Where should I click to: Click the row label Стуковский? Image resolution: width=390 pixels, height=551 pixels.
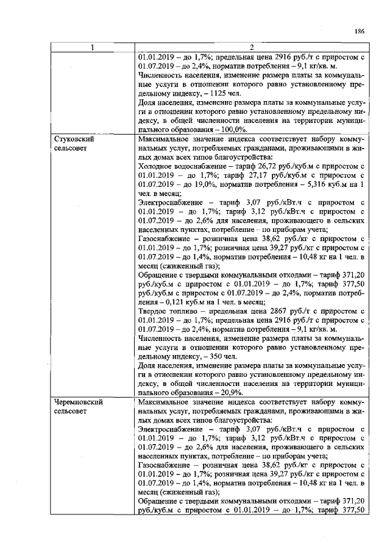(x=75, y=139)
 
